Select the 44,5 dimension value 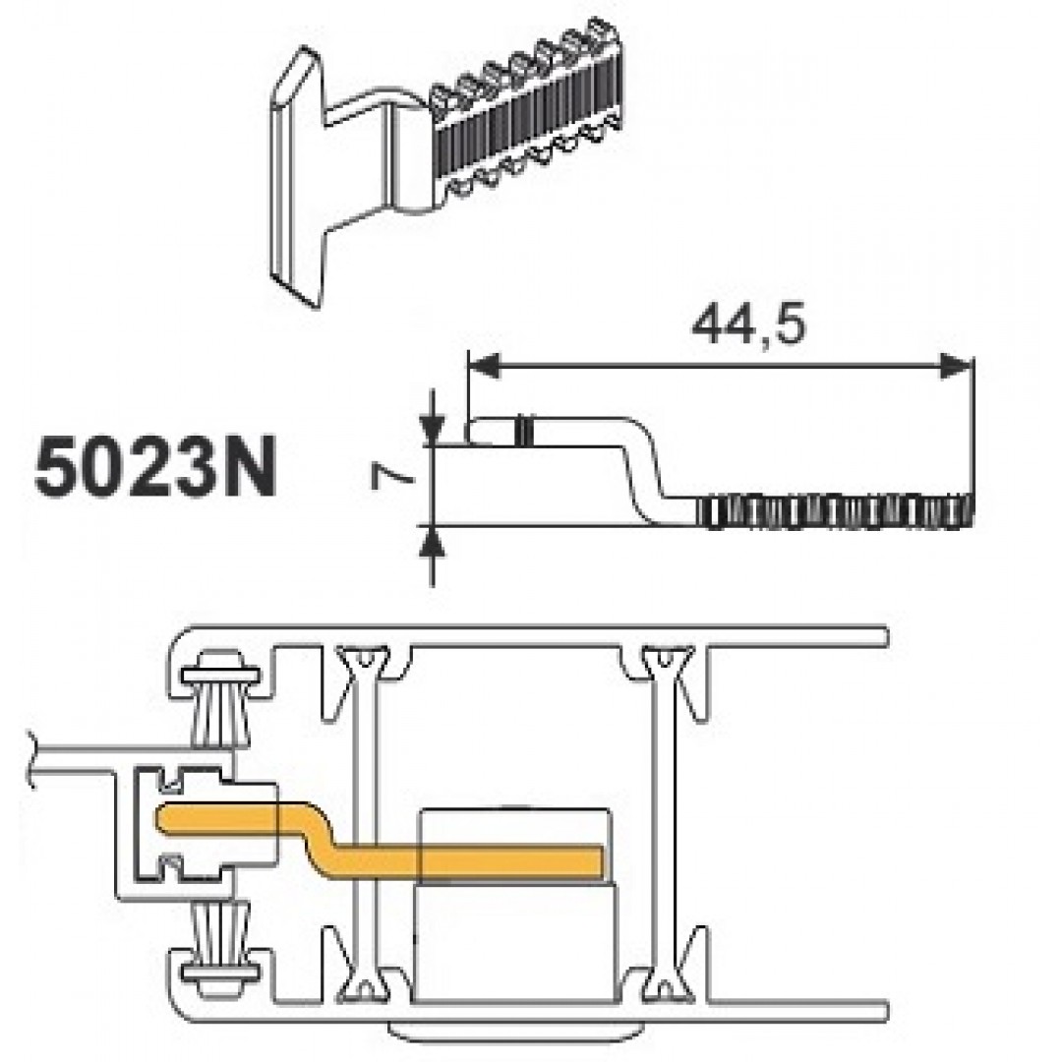(748, 325)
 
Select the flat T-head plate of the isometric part (298, 180)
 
